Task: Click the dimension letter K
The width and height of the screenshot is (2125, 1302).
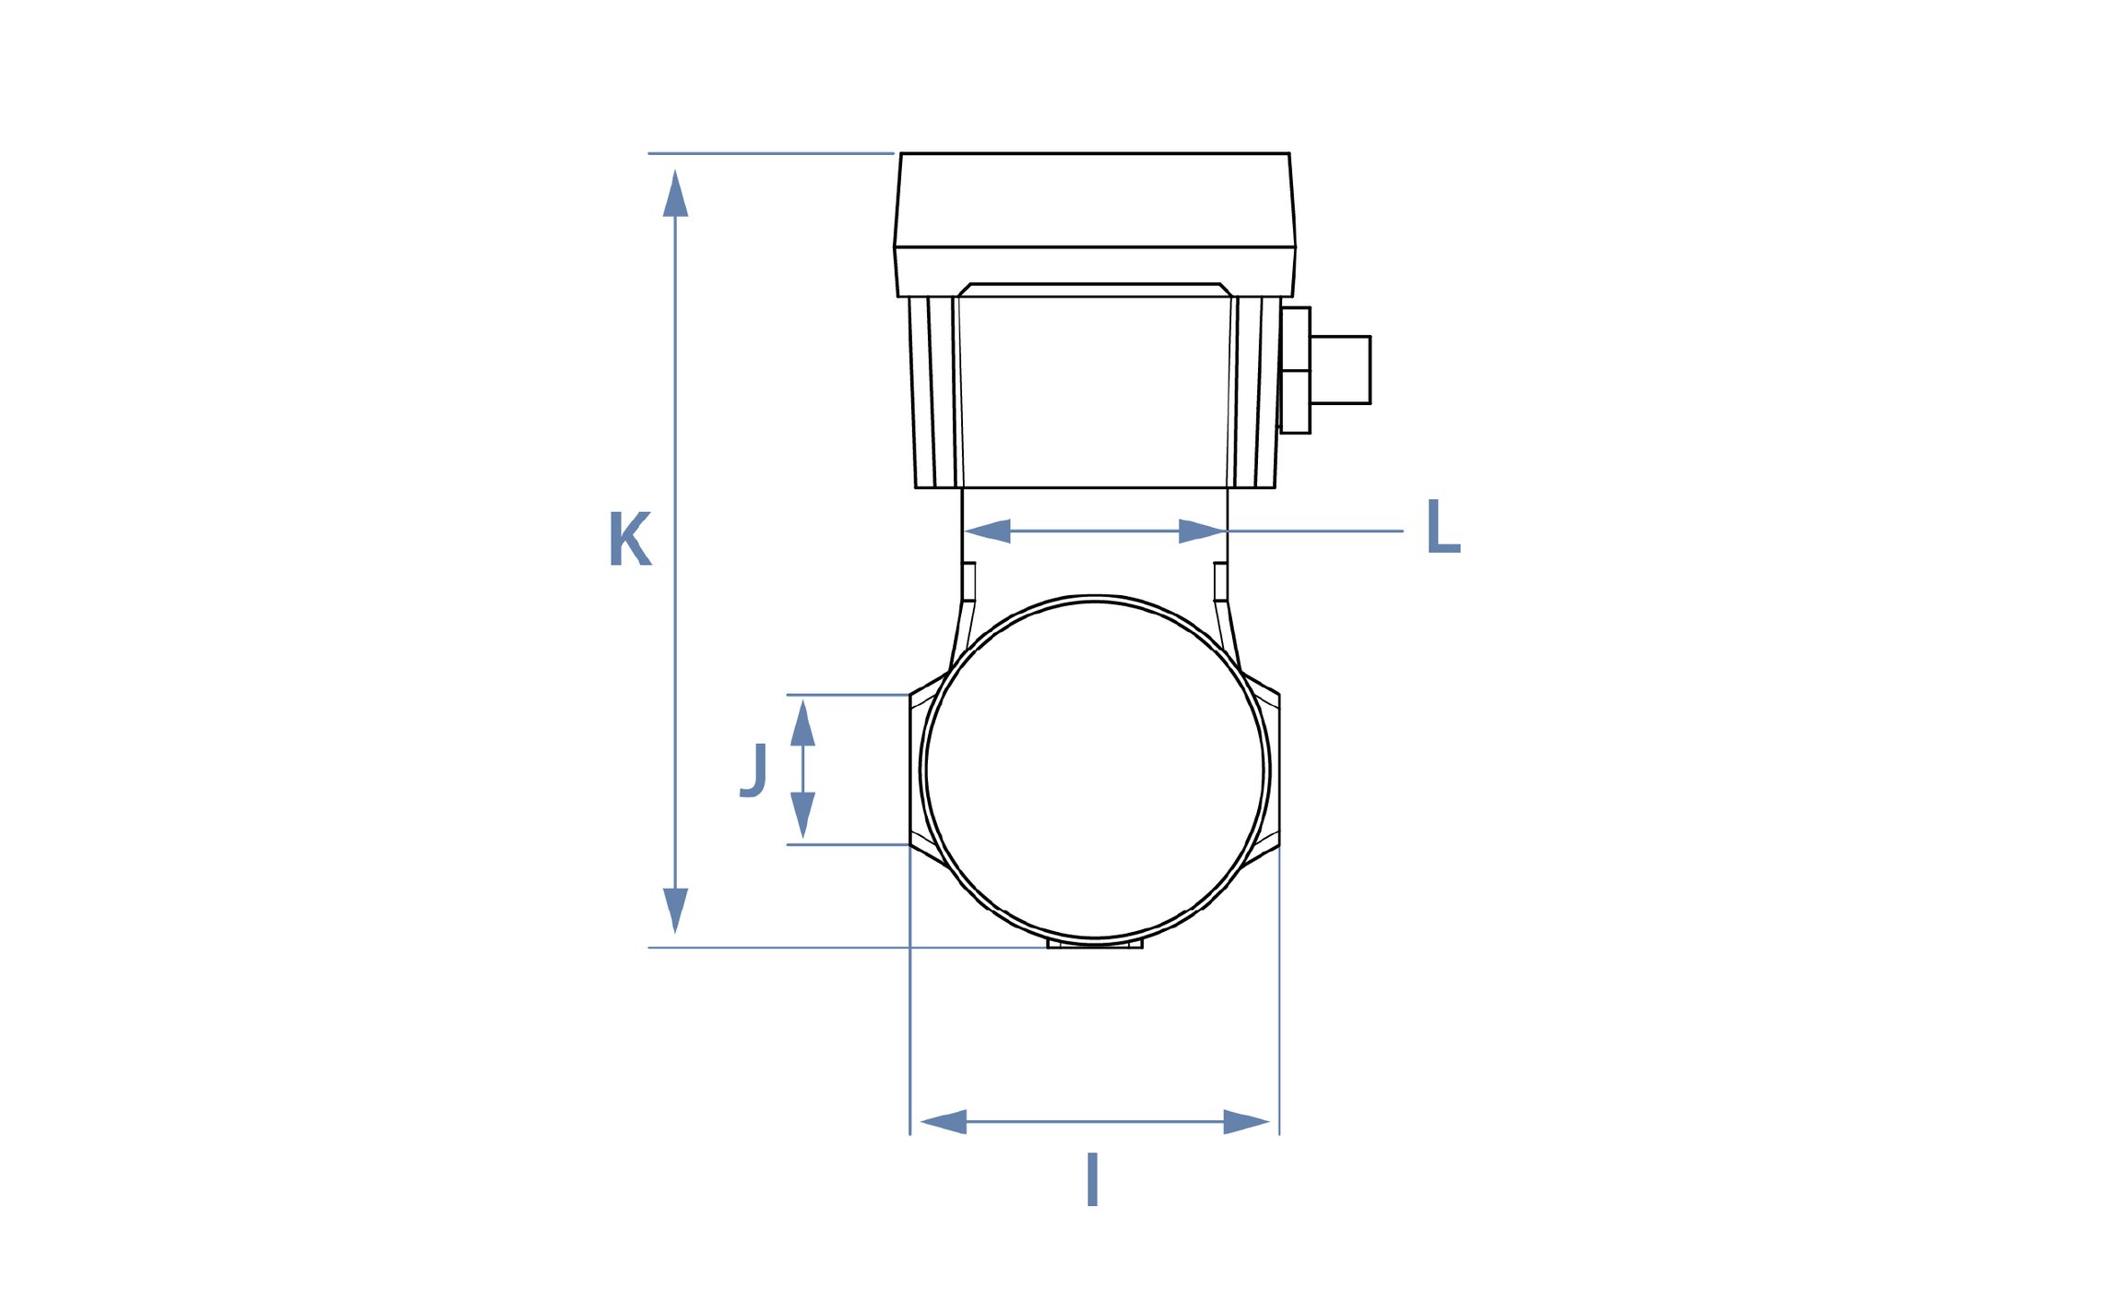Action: pyautogui.click(x=630, y=539)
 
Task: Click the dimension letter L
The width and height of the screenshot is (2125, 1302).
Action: pyautogui.click(x=1442, y=526)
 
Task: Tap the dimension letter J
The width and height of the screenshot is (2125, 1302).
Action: pyautogui.click(x=754, y=770)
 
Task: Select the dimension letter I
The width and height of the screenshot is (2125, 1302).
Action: pyautogui.click(x=1092, y=1179)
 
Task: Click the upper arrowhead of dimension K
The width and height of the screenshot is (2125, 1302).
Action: pyautogui.click(x=675, y=193)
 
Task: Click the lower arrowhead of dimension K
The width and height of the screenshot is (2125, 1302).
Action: pyautogui.click(x=675, y=911)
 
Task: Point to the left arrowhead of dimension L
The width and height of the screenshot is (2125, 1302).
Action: pyautogui.click(x=987, y=532)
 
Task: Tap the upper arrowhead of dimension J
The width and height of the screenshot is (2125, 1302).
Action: pyautogui.click(x=802, y=723)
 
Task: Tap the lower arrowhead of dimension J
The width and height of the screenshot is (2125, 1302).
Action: pyautogui.click(x=802, y=815)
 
